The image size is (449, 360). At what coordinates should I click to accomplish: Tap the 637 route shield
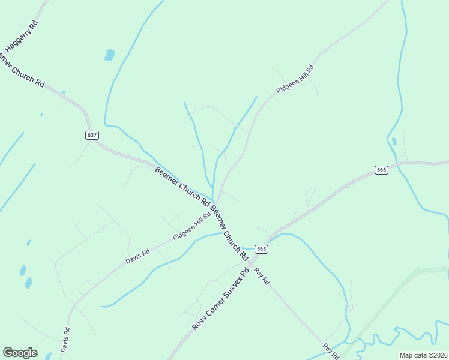click(x=91, y=135)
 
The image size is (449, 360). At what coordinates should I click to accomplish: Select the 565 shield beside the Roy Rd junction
click(x=261, y=248)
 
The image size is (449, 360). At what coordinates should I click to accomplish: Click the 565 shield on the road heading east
click(x=381, y=170)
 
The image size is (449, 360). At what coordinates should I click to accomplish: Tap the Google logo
click(x=20, y=353)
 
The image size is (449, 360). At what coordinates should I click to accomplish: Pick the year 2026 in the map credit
click(x=438, y=355)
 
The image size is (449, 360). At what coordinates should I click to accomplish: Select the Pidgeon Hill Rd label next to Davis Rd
click(x=192, y=226)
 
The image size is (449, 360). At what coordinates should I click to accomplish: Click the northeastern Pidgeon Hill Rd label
click(x=295, y=79)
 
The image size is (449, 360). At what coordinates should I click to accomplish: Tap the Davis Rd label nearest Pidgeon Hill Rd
click(x=137, y=256)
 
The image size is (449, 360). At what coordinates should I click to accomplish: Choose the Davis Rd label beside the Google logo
click(x=65, y=340)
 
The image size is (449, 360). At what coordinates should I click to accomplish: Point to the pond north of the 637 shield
click(x=109, y=55)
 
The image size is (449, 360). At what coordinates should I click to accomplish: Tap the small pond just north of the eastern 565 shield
click(x=394, y=142)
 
